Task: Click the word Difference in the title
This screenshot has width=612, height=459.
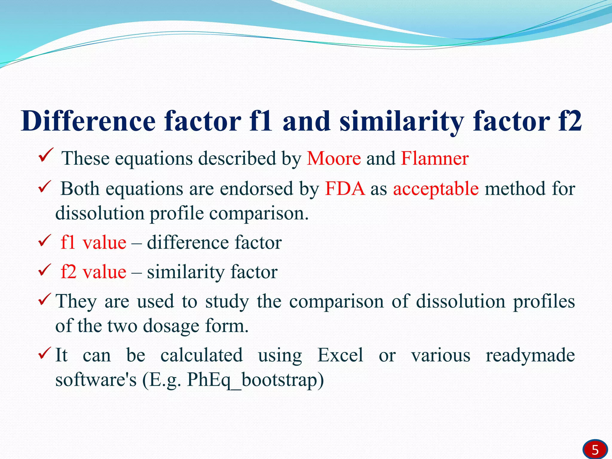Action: point(88,121)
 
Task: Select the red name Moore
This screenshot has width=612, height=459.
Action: point(334,158)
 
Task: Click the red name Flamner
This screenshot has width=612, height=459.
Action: point(434,158)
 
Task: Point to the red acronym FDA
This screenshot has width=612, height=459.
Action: point(345,189)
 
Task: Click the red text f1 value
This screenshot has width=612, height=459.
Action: point(93,242)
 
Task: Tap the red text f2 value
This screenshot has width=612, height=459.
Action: point(93,272)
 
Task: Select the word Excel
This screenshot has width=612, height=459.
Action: point(340,355)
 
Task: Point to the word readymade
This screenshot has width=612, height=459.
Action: point(530,356)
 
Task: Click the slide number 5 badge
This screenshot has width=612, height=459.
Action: point(595,449)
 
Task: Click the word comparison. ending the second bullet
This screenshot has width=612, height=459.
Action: point(258,214)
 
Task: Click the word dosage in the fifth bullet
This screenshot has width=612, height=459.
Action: point(171,326)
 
